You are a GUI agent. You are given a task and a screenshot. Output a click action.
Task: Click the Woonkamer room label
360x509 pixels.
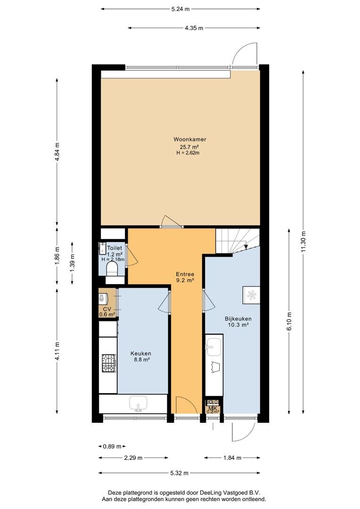click(189, 139)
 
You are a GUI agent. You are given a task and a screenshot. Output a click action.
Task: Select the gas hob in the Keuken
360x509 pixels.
click(109, 363)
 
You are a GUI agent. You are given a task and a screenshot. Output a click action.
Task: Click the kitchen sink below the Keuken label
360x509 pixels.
click(138, 404)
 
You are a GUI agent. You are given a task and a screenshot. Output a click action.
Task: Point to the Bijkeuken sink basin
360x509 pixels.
click(214, 347)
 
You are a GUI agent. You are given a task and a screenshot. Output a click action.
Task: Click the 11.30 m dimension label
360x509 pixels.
click(303, 241)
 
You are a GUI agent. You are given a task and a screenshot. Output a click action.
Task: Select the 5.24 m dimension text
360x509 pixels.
click(180, 9)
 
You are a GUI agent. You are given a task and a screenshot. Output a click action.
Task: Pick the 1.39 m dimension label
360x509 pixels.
click(72, 263)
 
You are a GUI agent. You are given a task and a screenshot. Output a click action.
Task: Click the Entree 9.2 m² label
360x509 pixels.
click(185, 277)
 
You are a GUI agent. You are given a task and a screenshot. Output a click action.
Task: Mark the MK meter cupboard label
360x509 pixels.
click(213, 408)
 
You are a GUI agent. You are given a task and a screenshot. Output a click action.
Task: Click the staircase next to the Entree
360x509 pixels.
click(237, 240)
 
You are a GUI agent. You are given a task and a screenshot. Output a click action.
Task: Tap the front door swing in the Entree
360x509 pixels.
click(187, 405)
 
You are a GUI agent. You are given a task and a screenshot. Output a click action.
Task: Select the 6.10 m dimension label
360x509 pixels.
click(289, 321)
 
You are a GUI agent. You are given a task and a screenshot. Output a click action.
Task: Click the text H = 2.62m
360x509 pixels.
click(188, 153)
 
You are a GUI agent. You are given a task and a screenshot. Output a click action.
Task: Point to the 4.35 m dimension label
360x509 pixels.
click(194, 28)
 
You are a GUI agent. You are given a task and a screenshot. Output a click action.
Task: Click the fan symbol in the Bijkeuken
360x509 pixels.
click(252, 295)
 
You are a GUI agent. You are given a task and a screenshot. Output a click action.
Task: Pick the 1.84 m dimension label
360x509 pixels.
click(232, 458)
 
